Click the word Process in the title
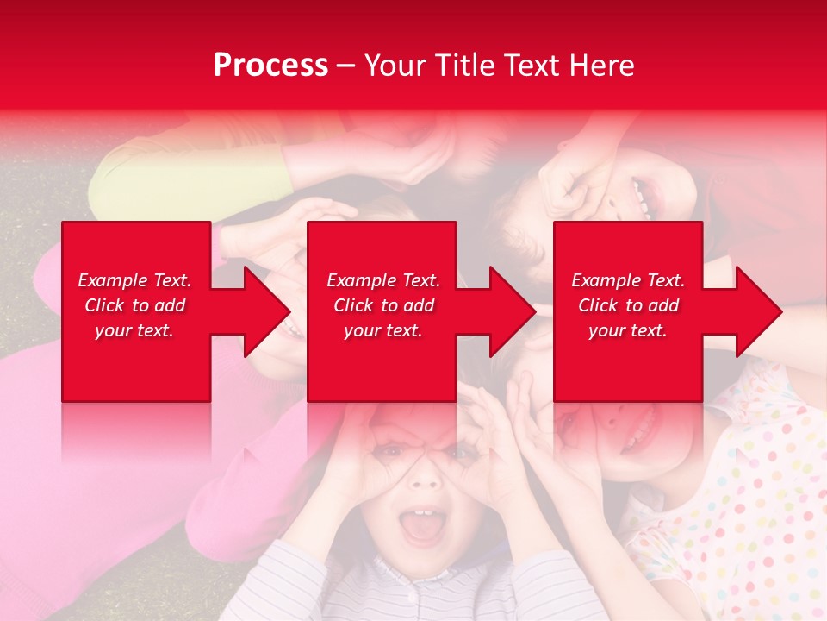[x=270, y=66]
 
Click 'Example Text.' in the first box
[x=134, y=280]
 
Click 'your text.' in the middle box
[x=382, y=330]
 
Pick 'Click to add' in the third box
[x=628, y=305]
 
